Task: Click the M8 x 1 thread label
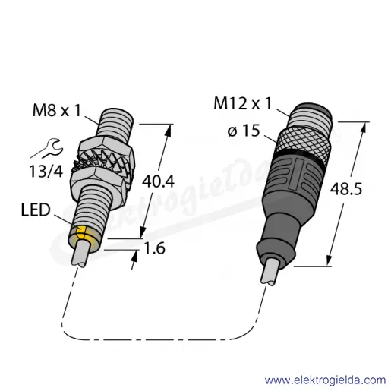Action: (57, 111)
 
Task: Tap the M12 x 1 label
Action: (242, 103)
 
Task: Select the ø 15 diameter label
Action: (244, 131)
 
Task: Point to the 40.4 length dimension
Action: (158, 181)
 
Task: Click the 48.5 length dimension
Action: (346, 189)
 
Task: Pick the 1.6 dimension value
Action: (154, 248)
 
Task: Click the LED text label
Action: (36, 210)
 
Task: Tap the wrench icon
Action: (47, 149)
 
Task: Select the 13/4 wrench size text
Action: (46, 172)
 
